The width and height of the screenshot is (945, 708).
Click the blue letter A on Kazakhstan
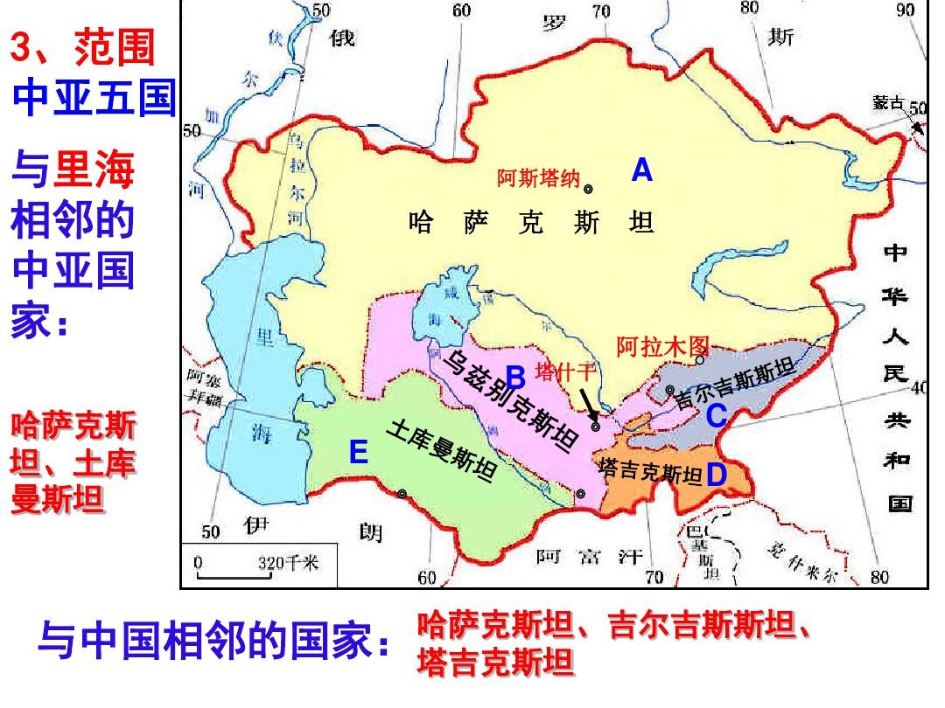coord(642,171)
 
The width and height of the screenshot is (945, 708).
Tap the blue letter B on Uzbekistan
coord(515,378)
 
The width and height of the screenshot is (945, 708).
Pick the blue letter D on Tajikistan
coord(716,475)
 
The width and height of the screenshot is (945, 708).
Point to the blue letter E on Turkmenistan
coord(357,453)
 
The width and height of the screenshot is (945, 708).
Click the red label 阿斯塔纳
coord(538,179)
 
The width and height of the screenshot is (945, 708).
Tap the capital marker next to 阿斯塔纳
coord(589,188)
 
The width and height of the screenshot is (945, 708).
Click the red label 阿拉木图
coord(661,345)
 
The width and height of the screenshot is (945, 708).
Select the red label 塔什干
coord(565,371)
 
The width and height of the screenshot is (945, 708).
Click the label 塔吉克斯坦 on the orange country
coord(652,472)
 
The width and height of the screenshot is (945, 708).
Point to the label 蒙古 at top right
coord(887,103)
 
